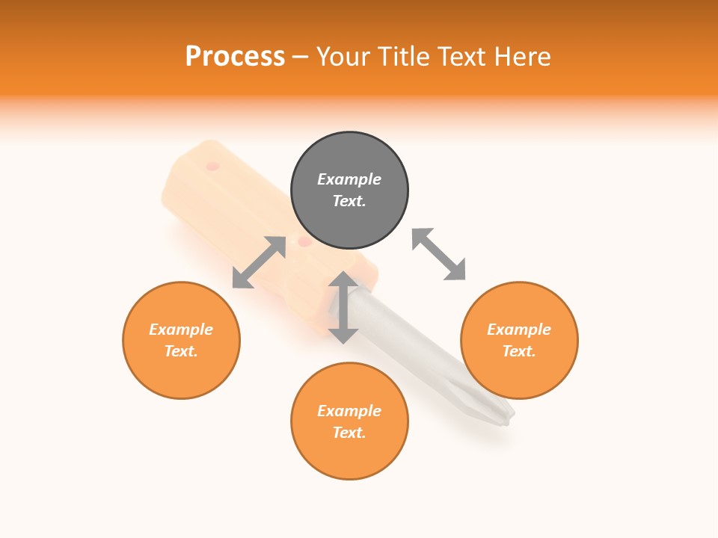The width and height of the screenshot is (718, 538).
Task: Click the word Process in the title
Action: [235, 57]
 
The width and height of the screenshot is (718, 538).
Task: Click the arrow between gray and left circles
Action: [259, 262]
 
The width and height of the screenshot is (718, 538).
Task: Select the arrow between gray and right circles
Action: [438, 255]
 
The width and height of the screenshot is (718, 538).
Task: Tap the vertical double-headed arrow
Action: [343, 307]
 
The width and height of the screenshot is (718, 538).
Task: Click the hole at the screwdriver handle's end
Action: [212, 165]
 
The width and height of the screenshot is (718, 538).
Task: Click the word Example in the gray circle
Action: [349, 179]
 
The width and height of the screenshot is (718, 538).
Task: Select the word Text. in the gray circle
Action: [349, 201]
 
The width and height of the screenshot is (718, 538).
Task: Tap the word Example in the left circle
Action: [181, 330]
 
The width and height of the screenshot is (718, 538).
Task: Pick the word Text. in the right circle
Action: [519, 351]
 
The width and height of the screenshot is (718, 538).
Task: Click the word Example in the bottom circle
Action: [349, 411]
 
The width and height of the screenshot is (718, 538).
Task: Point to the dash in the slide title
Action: [301, 58]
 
